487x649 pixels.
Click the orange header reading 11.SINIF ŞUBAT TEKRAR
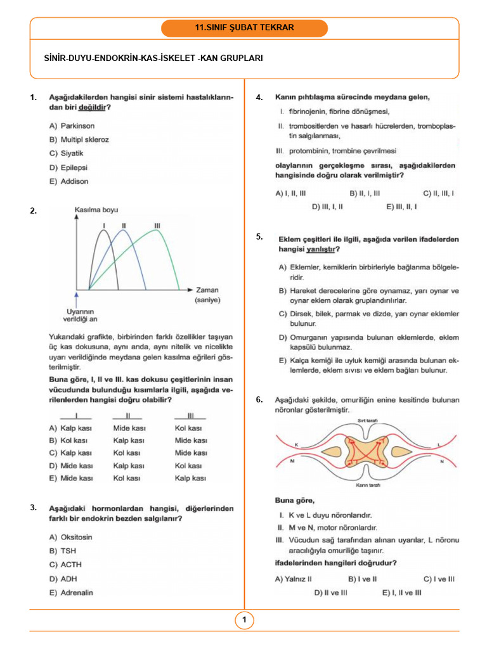click(x=244, y=28)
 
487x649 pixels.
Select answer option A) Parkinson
click(x=72, y=125)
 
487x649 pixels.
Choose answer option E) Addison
click(x=68, y=181)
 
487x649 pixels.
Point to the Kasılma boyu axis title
click(x=96, y=210)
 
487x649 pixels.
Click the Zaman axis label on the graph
click(x=207, y=290)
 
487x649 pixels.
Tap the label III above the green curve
click(x=157, y=226)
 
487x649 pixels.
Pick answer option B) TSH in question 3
click(x=63, y=551)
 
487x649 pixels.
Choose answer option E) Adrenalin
click(x=70, y=593)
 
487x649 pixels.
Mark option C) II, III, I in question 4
click(x=438, y=193)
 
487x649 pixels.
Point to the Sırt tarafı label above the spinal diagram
click(x=368, y=420)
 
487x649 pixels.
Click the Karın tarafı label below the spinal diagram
click(x=368, y=485)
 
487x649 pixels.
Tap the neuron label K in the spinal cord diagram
click(x=295, y=445)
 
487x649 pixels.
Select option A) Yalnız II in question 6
click(x=293, y=578)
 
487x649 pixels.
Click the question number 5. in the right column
click(x=259, y=236)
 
